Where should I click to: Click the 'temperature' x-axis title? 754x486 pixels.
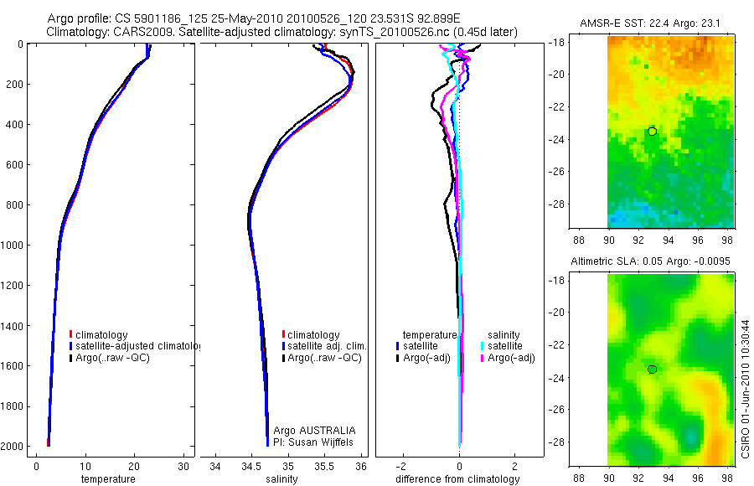coord(107,479)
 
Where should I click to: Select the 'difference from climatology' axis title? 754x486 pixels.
coord(457,479)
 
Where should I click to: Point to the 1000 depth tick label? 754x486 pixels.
coord(12,245)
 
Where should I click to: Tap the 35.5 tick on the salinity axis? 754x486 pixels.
coord(325,466)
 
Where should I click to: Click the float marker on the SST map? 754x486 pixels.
coord(652,132)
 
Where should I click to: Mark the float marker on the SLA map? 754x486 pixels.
coord(652,370)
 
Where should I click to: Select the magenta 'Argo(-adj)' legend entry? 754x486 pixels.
coord(510,358)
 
